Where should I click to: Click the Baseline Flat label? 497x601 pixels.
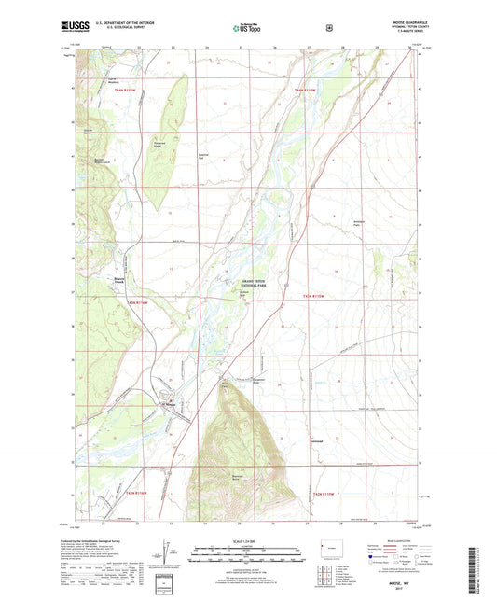click(207, 155)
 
